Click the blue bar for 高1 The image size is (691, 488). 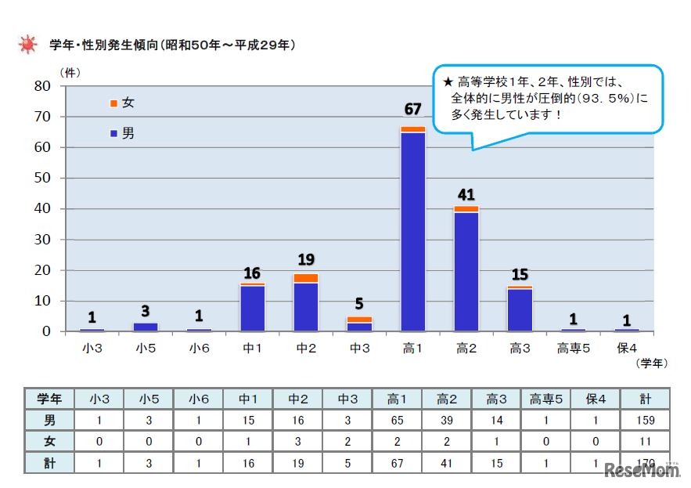click(x=412, y=231)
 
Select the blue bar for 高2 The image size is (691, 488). click(x=466, y=271)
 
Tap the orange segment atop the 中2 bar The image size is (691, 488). click(x=306, y=278)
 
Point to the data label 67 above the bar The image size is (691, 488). click(x=412, y=108)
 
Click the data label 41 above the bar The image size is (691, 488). click(x=466, y=194)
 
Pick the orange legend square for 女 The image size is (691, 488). click(x=114, y=103)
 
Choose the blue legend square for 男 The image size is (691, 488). click(x=114, y=134)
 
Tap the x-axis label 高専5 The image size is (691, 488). click(x=573, y=347)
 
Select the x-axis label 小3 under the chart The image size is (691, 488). click(x=92, y=347)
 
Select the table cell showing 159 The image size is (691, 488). click(x=646, y=420)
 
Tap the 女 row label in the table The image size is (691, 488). click(x=49, y=442)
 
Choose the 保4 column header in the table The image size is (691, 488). click(x=595, y=399)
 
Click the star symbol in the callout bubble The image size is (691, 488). click(x=448, y=81)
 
